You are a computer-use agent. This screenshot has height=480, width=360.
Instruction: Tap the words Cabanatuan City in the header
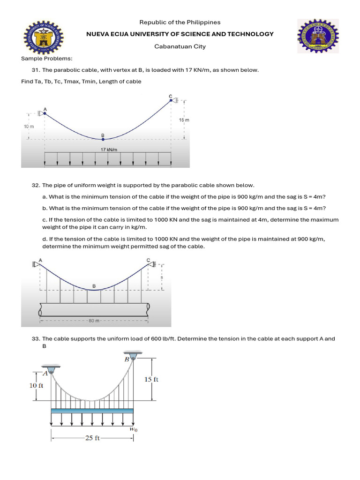point(180,46)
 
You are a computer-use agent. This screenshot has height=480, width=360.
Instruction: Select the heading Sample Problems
point(47,58)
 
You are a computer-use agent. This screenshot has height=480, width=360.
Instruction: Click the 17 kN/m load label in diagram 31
point(109,150)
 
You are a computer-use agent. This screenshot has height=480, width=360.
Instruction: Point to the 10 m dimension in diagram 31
point(29,127)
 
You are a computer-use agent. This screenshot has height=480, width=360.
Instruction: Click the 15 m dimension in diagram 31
point(184,120)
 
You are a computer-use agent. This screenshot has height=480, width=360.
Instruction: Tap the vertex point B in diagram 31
point(103,139)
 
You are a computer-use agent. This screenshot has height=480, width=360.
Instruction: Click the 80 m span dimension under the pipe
point(94,321)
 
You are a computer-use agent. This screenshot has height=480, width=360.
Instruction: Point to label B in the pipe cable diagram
point(94,286)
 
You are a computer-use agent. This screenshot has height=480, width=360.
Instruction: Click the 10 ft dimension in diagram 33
point(37,386)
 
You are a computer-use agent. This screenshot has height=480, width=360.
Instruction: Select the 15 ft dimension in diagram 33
point(151,379)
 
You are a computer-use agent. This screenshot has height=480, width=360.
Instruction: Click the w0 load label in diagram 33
point(133,428)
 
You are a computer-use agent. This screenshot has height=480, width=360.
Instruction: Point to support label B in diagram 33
point(127,359)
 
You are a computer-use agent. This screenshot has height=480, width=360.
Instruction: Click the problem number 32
point(36,186)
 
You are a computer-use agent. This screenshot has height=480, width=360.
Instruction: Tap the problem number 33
point(36,338)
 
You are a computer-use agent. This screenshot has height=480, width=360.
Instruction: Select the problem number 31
point(36,70)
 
